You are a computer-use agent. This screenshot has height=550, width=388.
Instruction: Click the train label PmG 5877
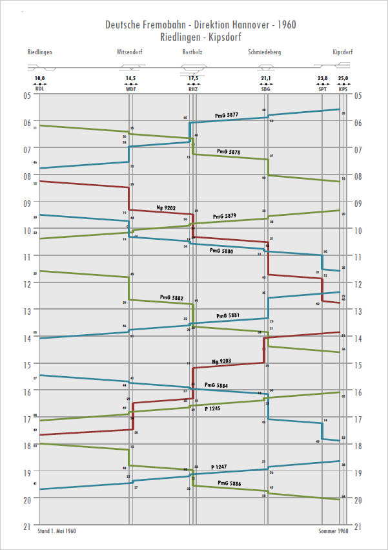[226, 115]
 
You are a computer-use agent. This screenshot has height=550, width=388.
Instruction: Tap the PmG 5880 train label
[221, 251]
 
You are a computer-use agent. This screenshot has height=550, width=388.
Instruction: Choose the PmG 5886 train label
[229, 483]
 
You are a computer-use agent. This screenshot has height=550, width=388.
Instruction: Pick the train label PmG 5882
[172, 299]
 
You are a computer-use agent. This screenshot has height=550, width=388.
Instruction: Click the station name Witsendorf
[130, 52]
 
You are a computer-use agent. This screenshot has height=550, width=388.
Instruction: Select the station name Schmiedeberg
[265, 52]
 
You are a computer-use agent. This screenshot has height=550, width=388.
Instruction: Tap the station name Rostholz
[193, 52]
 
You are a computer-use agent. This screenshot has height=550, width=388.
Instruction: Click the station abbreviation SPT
[323, 89]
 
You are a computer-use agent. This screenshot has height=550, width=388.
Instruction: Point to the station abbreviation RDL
[40, 89]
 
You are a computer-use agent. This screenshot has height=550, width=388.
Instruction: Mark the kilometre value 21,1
[265, 79]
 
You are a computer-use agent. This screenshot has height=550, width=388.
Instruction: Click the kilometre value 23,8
[323, 79]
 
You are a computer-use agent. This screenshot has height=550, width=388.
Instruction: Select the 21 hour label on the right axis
[360, 527]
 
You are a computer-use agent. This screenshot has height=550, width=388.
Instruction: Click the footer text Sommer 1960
[333, 531]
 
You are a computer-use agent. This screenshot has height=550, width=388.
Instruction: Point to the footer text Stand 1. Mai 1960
[57, 531]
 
